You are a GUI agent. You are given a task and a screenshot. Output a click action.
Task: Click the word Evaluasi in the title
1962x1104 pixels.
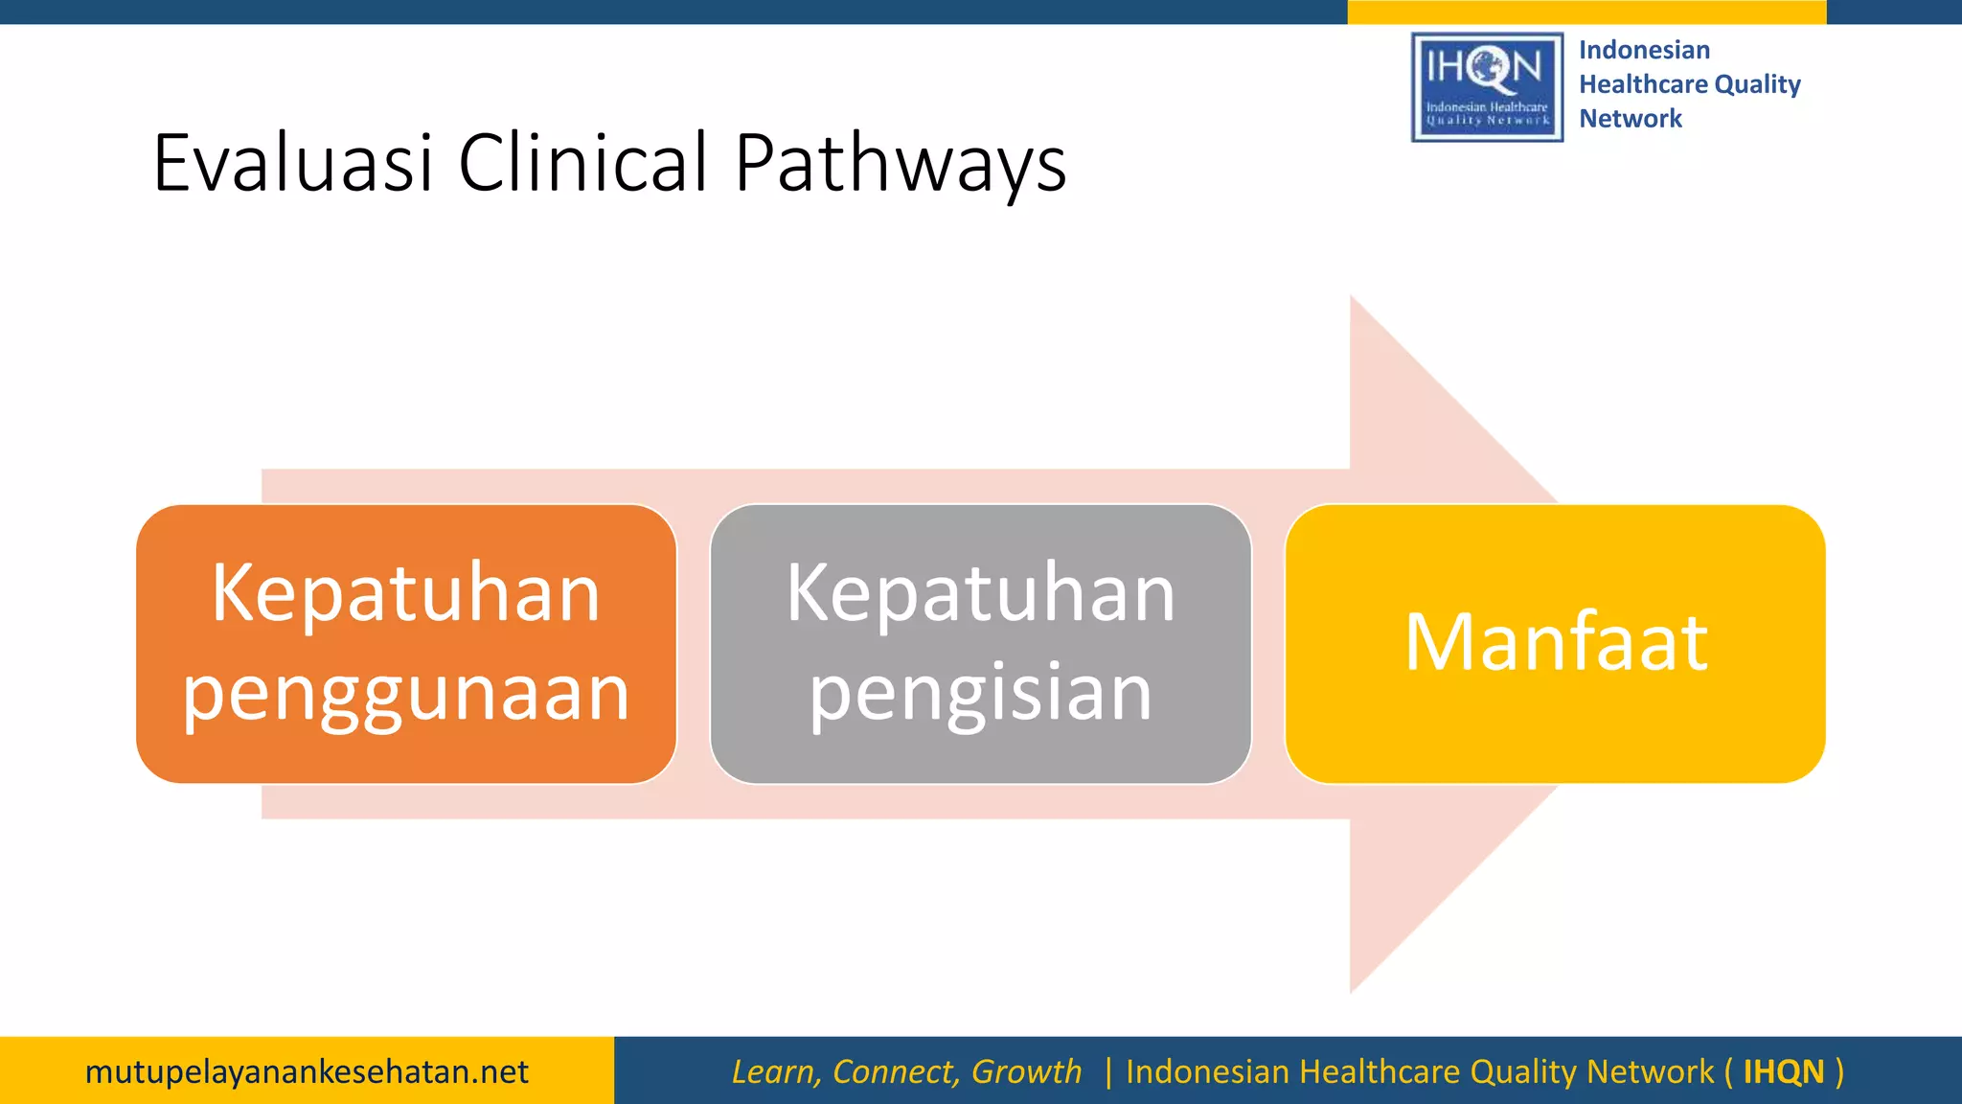(x=293, y=163)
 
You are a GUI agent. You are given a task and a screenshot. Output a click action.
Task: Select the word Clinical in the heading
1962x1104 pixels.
(x=582, y=163)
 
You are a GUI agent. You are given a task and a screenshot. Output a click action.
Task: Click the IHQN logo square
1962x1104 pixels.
(x=1487, y=87)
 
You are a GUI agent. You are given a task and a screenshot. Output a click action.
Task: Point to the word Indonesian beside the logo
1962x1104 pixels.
(x=1644, y=50)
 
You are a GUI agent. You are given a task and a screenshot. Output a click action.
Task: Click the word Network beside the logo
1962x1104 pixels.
(x=1631, y=119)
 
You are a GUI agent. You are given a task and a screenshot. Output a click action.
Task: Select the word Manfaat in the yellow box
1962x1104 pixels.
(x=1556, y=642)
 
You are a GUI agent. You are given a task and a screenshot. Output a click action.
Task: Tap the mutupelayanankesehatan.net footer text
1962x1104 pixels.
(x=307, y=1071)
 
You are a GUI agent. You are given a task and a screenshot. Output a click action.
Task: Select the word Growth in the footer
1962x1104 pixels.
(x=1026, y=1071)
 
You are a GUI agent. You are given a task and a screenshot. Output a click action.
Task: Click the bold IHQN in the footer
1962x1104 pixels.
(x=1783, y=1071)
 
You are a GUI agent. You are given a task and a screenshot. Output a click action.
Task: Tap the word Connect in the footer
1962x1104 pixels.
(x=896, y=1071)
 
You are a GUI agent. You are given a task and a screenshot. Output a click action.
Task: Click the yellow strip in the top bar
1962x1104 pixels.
(x=1586, y=11)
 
